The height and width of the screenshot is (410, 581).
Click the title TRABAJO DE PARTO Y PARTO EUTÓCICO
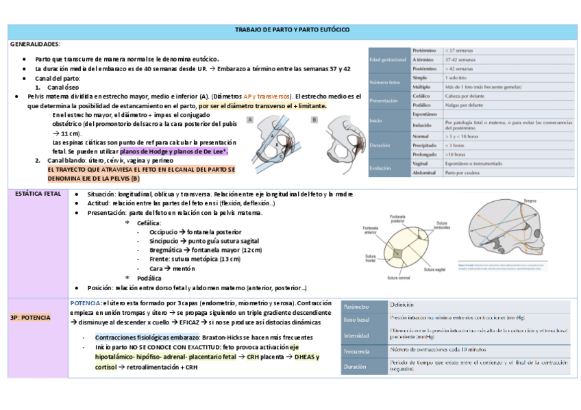point(293,30)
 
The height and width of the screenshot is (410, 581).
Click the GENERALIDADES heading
point(35,43)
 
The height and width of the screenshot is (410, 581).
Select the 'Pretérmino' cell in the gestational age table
point(425,51)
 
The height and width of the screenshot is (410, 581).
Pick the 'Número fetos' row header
point(388,83)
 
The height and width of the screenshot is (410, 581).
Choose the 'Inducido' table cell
point(423,125)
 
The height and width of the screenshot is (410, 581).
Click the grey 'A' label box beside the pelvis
point(250,119)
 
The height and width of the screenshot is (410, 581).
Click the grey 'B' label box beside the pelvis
point(314,119)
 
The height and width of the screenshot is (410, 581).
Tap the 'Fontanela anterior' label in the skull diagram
point(371,230)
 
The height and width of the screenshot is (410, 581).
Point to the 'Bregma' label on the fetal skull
point(530,200)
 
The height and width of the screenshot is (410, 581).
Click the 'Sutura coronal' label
point(399,278)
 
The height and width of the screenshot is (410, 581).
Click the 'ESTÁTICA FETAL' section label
point(38,194)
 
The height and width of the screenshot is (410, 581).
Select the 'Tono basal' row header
point(356,320)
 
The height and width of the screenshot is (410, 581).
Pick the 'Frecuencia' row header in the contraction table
point(357,351)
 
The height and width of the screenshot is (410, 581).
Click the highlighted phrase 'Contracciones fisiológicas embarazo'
point(147,337)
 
